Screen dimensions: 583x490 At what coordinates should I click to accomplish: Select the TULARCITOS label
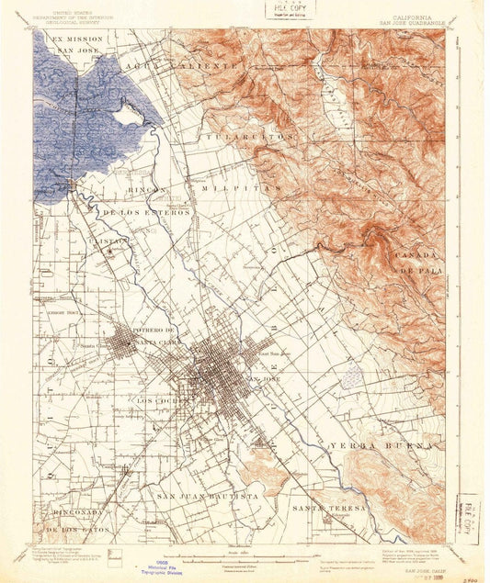pyautogui.click(x=256, y=135)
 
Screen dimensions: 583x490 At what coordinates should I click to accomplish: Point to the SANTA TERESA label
pyautogui.click(x=329, y=507)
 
